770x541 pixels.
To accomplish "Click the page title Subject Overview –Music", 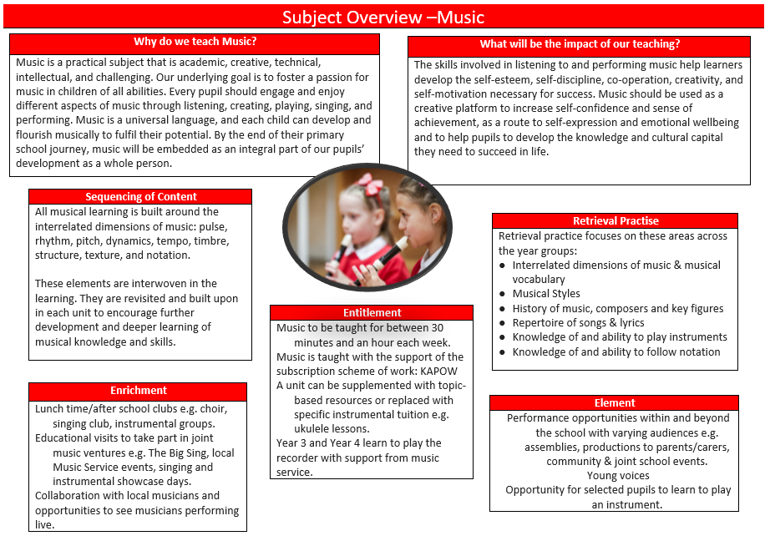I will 383,18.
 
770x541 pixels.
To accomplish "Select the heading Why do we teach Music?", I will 195,42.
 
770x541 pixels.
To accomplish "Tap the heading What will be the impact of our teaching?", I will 580,44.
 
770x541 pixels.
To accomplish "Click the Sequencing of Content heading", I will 140,197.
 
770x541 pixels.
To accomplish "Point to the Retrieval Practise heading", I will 615,221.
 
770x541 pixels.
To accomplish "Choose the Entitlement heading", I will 372,313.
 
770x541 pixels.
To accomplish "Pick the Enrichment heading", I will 139,391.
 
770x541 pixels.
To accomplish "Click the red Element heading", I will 615,403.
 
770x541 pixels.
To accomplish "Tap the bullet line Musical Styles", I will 546,294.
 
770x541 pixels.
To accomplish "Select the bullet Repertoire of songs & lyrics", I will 579,323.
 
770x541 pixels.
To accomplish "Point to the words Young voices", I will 617,476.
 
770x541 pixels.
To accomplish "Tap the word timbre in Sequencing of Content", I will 212,241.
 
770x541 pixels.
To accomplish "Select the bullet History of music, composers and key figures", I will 618,309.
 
